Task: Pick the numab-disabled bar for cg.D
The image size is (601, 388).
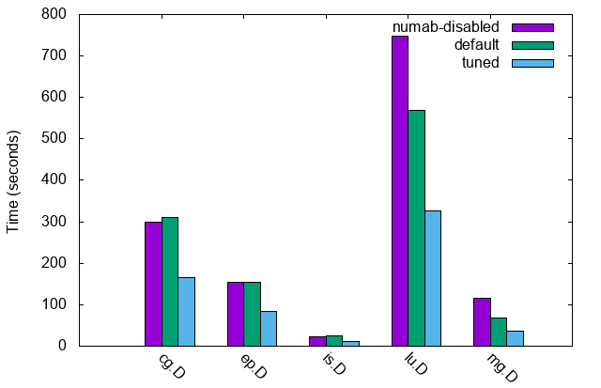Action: (x=153, y=284)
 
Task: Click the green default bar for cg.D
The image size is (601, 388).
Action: (x=170, y=282)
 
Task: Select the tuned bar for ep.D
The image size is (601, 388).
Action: (x=269, y=329)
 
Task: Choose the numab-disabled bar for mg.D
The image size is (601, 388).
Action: (x=482, y=322)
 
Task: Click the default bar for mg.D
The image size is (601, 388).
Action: (x=499, y=332)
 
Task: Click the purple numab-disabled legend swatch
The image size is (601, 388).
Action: (x=532, y=27)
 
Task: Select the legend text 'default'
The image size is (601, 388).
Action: (x=475, y=45)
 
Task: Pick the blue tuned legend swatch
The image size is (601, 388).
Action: (x=532, y=63)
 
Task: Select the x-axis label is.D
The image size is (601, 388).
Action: (x=334, y=365)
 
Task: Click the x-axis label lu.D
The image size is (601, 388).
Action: (x=416, y=365)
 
